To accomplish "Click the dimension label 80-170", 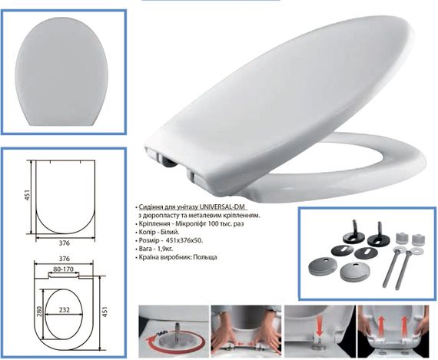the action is tap(63, 269).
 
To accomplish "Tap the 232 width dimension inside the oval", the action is tap(65, 309).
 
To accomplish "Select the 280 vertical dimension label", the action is tap(39, 312).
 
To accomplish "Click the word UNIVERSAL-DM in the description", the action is tap(223, 207).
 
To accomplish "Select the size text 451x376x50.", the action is tap(184, 240).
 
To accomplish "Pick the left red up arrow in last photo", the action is tap(380, 326).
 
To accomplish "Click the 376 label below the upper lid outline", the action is tap(65, 243).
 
